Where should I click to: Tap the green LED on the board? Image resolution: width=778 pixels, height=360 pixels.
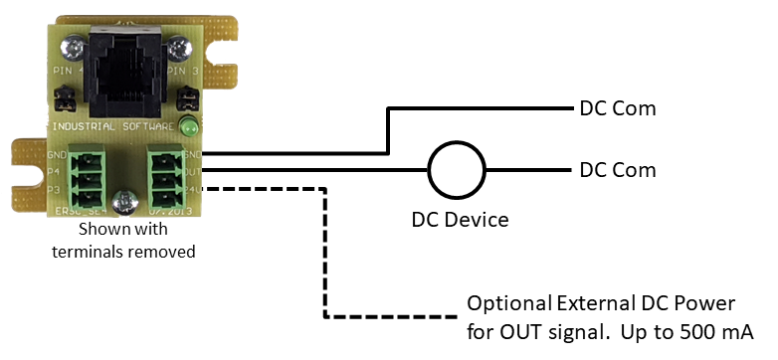coord(188,127)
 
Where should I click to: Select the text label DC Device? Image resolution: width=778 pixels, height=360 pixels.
coord(460,220)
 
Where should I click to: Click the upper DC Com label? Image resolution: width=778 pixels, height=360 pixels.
coord(618,108)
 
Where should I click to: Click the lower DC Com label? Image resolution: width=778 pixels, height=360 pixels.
coord(618,170)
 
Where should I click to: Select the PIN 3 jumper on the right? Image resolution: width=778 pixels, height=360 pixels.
coord(186,99)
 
